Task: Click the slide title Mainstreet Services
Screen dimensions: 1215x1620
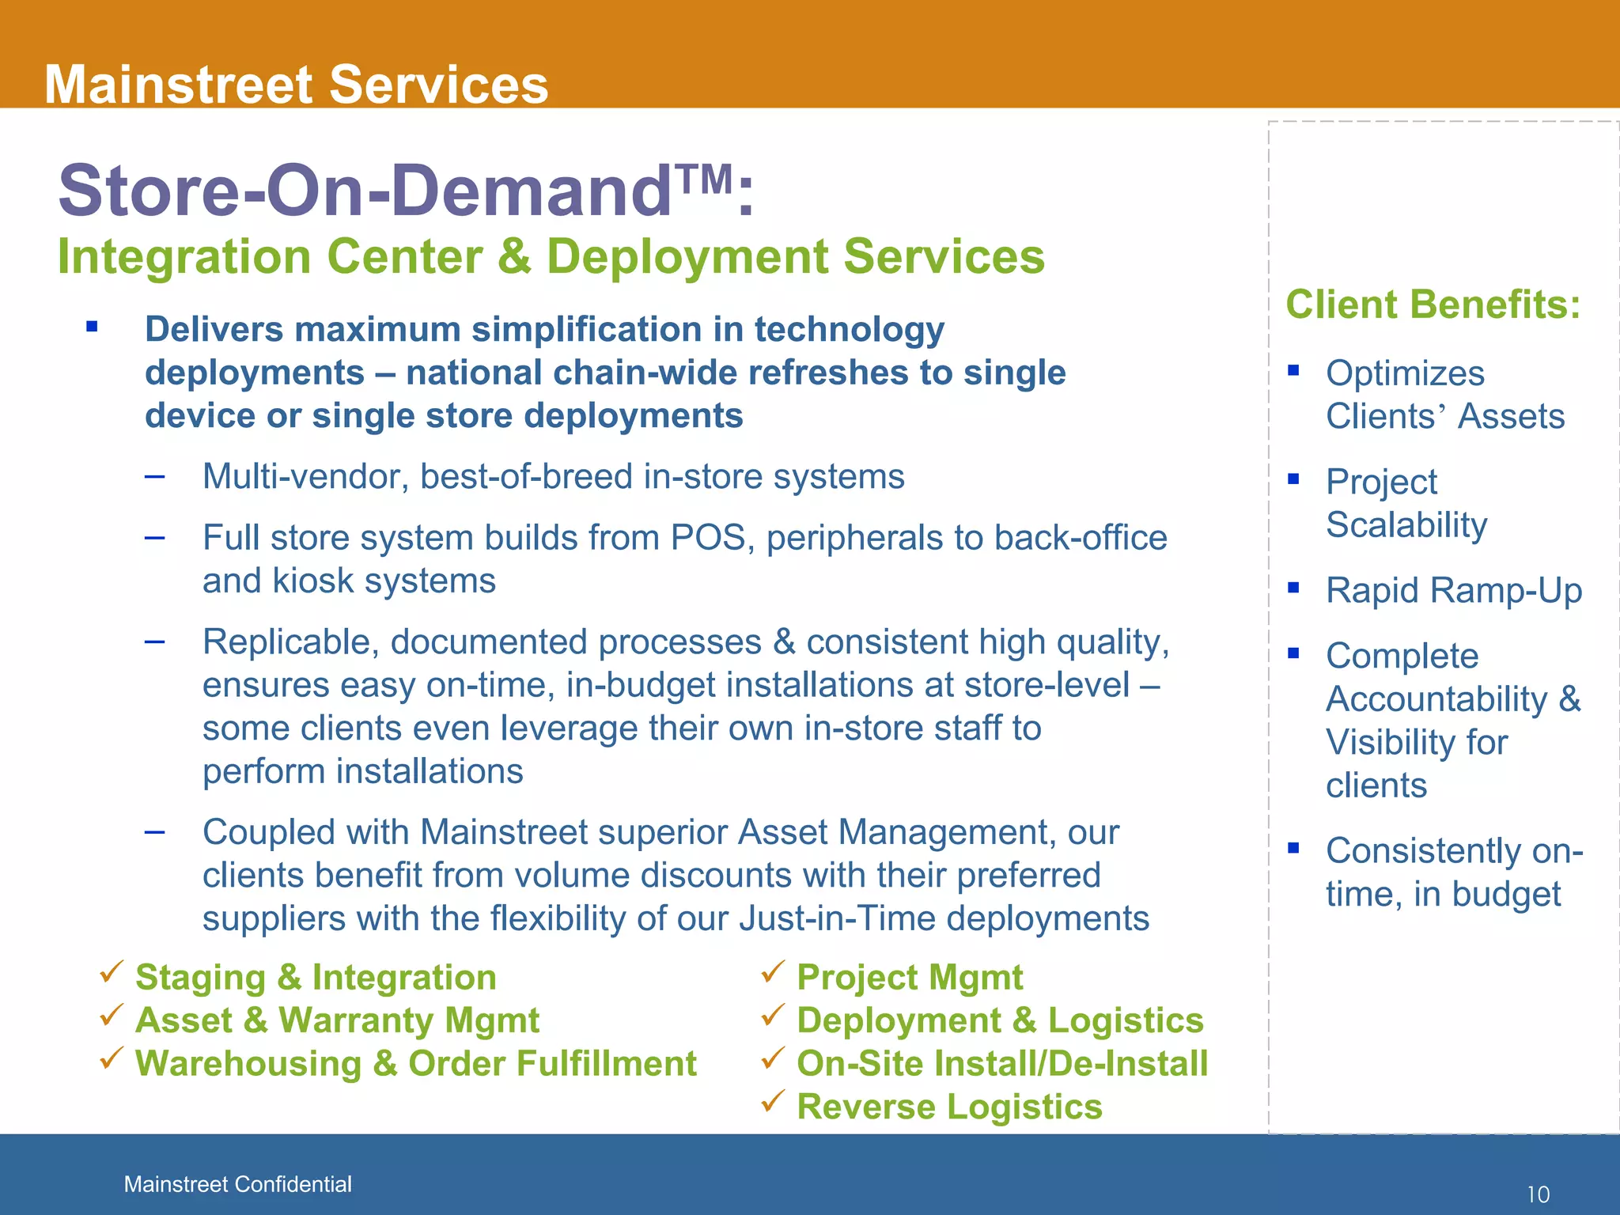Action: pyautogui.click(x=296, y=84)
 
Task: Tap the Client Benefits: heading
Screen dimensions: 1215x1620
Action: pyautogui.click(x=1433, y=305)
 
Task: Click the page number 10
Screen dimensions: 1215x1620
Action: pyautogui.click(x=1538, y=1194)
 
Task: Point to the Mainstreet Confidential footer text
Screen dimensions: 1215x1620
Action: pyautogui.click(x=237, y=1184)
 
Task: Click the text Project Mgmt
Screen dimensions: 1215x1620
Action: pyautogui.click(x=910, y=977)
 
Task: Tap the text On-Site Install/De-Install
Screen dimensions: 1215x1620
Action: pyautogui.click(x=1002, y=1063)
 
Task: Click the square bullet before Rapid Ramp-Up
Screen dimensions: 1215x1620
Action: pyautogui.click(x=1293, y=587)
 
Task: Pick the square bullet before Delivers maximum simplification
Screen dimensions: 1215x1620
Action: pyautogui.click(x=93, y=326)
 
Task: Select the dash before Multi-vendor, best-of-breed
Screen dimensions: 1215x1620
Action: pyautogui.click(x=155, y=476)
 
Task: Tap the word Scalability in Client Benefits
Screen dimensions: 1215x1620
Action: pyautogui.click(x=1406, y=525)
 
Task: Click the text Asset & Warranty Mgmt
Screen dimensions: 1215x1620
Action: pyautogui.click(x=337, y=1020)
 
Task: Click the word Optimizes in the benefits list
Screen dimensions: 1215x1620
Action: pyautogui.click(x=1405, y=373)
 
